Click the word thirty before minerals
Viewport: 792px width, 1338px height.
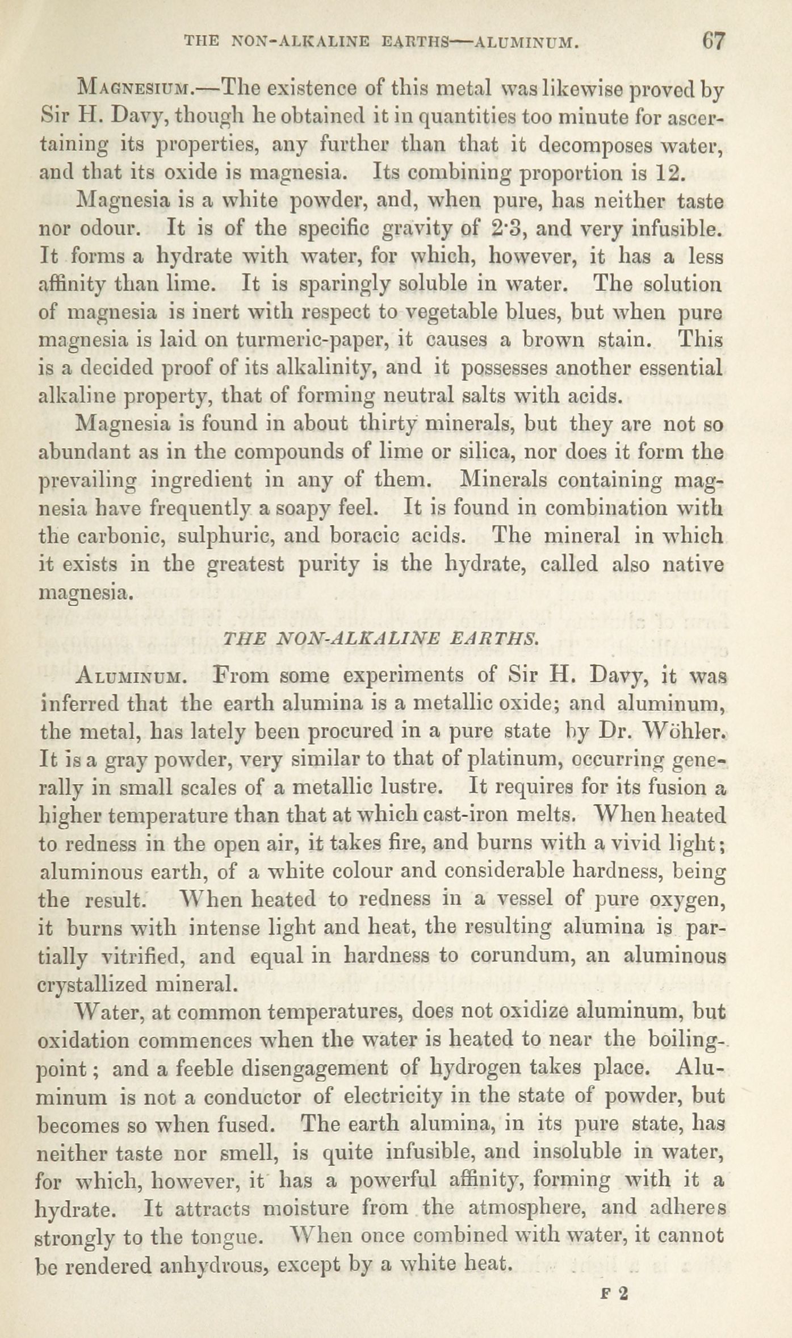pyautogui.click(x=389, y=424)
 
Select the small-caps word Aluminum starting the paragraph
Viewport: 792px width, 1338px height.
pyautogui.click(x=128, y=677)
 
